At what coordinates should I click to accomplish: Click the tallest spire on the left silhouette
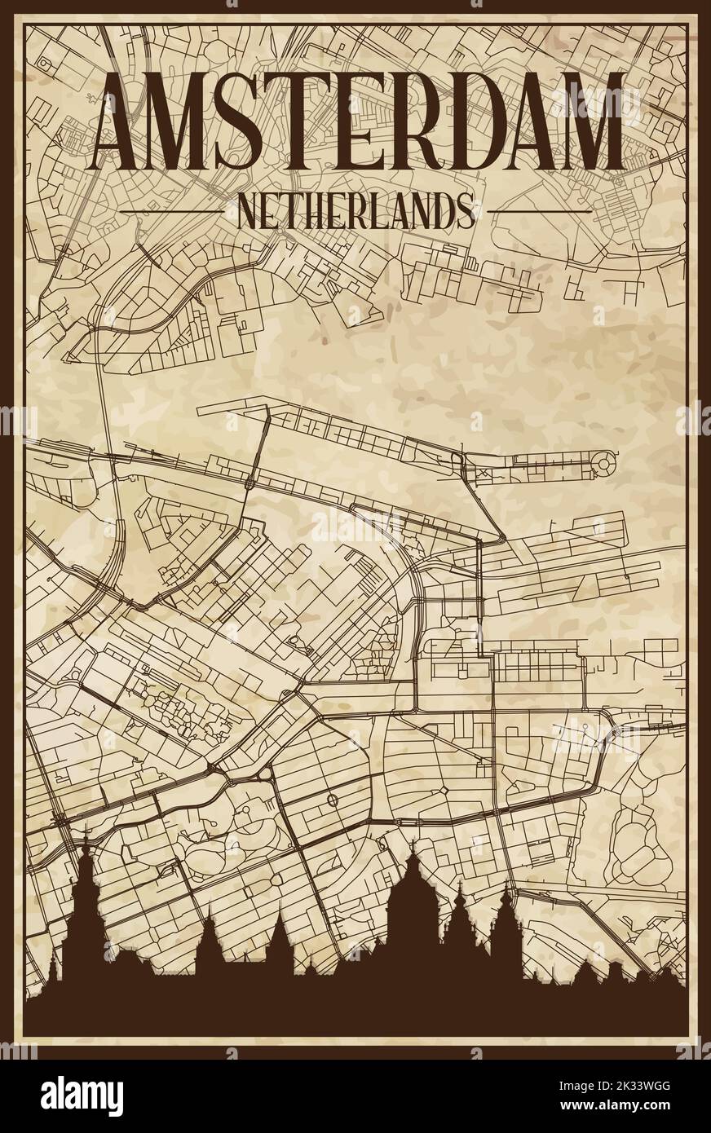click(85, 848)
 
